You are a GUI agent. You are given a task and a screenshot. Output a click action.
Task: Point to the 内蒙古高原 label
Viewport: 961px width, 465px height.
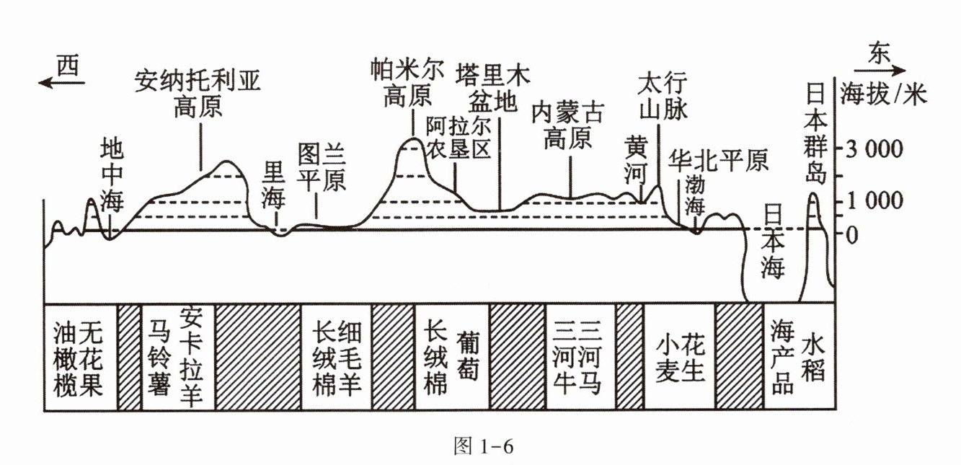(569, 124)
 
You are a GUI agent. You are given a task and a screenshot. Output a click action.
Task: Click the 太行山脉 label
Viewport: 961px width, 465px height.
(662, 97)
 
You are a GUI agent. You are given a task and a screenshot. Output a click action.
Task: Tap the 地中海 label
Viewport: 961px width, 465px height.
(112, 176)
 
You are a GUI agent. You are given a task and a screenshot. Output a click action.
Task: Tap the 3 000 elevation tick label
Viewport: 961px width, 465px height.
(874, 150)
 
